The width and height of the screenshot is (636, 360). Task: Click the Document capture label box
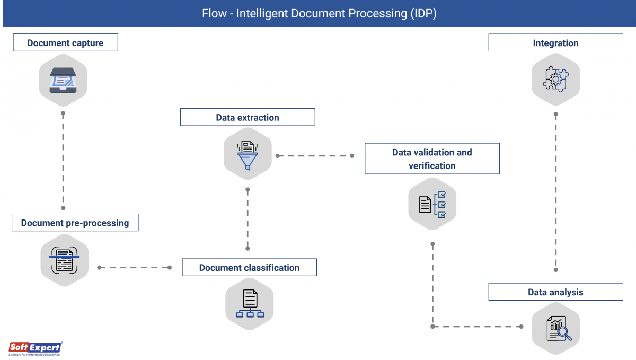tap(65, 43)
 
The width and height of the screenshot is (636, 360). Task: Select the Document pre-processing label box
tap(75, 223)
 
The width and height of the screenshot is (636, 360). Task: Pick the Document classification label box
tap(249, 268)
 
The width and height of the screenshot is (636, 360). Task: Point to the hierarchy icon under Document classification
tap(250, 304)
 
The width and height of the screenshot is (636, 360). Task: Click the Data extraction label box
tap(248, 117)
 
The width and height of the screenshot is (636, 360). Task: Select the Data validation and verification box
tap(432, 159)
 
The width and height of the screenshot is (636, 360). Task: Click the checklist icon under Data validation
tap(432, 204)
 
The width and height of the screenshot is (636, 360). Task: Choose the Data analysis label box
tap(555, 292)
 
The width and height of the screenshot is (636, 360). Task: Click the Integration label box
tap(555, 43)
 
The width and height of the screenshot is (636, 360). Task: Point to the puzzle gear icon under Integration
tap(555, 80)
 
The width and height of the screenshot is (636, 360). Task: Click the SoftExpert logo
tap(35, 348)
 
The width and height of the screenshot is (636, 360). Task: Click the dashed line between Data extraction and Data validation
tap(314, 156)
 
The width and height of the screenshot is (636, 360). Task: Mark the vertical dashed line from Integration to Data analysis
tap(555, 191)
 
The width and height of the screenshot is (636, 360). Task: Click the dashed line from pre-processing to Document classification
tap(134, 268)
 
